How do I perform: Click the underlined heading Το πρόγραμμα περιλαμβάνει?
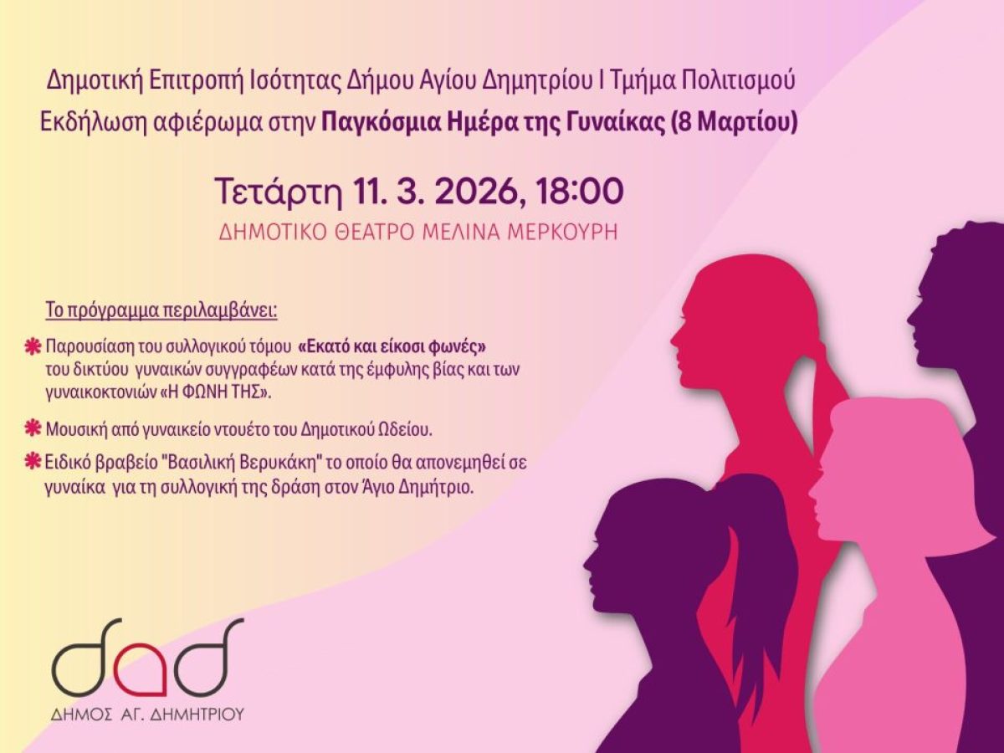tap(161, 310)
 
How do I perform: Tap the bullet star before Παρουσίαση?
tap(33, 346)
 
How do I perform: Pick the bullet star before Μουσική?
tap(33, 429)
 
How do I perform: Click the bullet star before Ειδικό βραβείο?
tap(33, 461)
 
